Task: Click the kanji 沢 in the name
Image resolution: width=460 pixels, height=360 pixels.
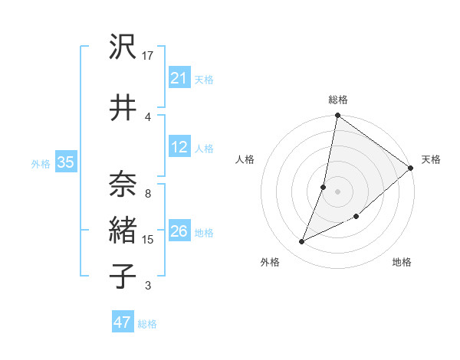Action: tap(123, 48)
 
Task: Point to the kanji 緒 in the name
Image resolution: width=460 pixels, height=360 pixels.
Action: tap(123, 229)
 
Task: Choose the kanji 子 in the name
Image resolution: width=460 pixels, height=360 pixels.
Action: tap(123, 274)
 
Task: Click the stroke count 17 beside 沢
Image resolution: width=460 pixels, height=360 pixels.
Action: tap(149, 56)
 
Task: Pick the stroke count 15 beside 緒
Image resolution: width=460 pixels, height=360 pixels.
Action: tap(148, 240)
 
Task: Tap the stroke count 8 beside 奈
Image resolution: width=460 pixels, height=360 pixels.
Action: tap(147, 195)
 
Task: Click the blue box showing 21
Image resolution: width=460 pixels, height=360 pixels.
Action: tap(179, 78)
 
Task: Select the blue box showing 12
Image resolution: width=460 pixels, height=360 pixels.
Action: tap(179, 147)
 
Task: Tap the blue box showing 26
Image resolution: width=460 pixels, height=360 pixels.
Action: tap(179, 231)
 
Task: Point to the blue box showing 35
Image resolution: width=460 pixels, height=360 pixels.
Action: tap(65, 162)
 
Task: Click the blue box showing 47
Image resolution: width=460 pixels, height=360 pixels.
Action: tap(122, 322)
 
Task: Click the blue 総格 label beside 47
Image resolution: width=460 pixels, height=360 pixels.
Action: tap(147, 324)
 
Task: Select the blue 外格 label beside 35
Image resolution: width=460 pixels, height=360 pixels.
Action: tap(41, 163)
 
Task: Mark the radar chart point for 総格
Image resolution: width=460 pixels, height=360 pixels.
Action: tap(337, 116)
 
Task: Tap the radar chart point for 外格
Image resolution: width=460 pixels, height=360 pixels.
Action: tap(302, 242)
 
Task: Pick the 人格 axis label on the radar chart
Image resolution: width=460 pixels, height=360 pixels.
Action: tap(245, 159)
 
